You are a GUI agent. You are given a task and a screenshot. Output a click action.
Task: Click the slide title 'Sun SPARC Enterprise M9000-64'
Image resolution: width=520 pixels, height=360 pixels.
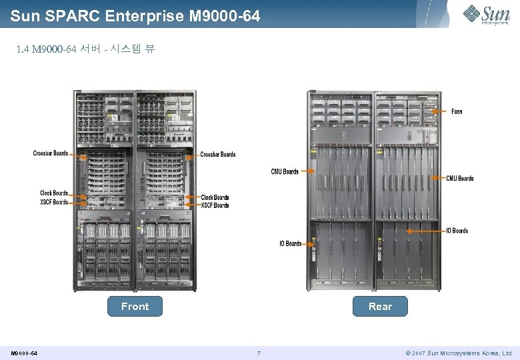pyautogui.click(x=135, y=15)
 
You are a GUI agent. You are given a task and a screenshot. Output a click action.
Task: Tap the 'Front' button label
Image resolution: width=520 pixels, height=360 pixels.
pyautogui.click(x=135, y=307)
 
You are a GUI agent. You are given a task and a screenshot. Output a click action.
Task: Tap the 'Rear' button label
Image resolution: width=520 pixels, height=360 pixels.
pyautogui.click(x=380, y=307)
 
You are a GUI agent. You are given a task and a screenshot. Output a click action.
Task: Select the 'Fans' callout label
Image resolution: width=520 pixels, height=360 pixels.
pyautogui.click(x=457, y=111)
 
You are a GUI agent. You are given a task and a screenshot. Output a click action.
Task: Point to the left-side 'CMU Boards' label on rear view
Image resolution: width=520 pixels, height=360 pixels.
pyautogui.click(x=285, y=171)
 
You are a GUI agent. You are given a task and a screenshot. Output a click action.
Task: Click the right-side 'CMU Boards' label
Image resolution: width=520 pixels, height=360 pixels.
pyautogui.click(x=460, y=179)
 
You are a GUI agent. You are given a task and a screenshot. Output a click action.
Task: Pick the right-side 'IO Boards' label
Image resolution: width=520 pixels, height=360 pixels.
pyautogui.click(x=457, y=231)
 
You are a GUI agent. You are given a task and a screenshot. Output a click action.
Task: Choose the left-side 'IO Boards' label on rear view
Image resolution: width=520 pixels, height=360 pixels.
pyautogui.click(x=290, y=244)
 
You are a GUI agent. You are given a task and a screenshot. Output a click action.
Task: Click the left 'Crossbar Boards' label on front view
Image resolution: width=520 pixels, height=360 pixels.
pyautogui.click(x=51, y=153)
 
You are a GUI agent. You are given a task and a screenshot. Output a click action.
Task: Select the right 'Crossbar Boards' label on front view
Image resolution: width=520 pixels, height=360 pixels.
pyautogui.click(x=218, y=155)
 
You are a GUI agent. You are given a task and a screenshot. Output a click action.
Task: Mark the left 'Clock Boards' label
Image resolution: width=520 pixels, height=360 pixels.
pyautogui.click(x=53, y=193)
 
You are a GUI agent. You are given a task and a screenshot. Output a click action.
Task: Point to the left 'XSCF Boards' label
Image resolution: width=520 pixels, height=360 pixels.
pyautogui.click(x=53, y=201)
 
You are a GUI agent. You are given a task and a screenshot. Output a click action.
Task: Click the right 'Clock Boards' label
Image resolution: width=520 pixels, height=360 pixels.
pyautogui.click(x=215, y=197)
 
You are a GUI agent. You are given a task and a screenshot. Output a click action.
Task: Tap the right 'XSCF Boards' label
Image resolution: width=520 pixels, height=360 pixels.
pyautogui.click(x=215, y=205)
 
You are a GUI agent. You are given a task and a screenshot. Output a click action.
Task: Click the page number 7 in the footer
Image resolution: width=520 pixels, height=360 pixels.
pyautogui.click(x=259, y=353)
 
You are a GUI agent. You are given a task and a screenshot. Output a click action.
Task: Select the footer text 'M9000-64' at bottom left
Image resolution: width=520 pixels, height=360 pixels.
pyautogui.click(x=24, y=353)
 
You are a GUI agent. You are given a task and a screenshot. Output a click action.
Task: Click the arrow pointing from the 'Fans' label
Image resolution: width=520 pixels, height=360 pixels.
pyautogui.click(x=439, y=111)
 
